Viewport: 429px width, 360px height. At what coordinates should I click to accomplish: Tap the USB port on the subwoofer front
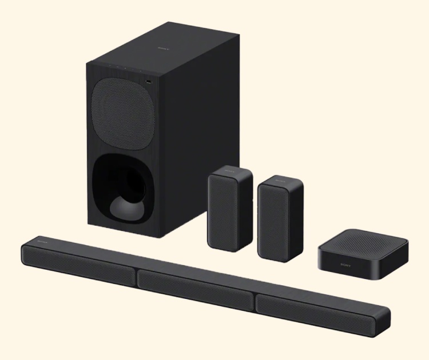click(149, 83)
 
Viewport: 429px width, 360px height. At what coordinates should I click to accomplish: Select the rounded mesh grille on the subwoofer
click(124, 111)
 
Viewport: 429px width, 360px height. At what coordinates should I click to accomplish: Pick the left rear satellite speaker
click(229, 209)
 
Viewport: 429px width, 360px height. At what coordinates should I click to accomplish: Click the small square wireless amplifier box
click(363, 257)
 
